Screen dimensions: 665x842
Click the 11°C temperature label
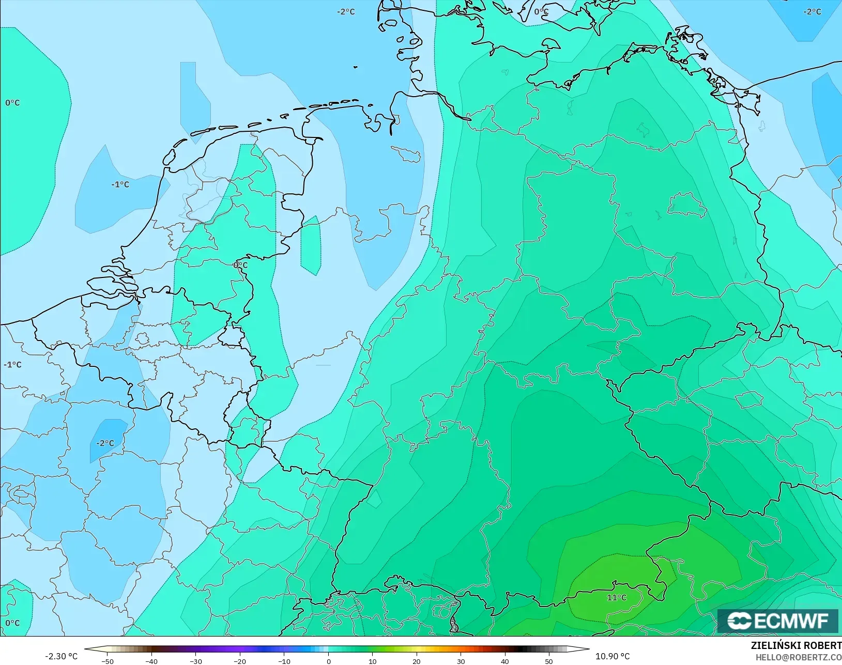coord(616,598)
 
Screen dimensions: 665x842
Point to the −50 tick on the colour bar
coord(108,661)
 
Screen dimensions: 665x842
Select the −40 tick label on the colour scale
coord(151,661)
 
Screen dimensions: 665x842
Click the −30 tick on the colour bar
coord(195,661)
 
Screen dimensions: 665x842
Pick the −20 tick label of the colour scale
coord(239,661)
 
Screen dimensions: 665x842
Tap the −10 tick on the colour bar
coord(284,661)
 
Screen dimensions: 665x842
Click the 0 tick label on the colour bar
coord(329,661)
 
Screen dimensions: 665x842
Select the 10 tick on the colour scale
coord(373,661)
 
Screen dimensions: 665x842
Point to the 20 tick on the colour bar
coord(417,661)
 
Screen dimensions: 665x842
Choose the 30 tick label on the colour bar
coord(461,661)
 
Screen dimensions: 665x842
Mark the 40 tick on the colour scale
coord(505,661)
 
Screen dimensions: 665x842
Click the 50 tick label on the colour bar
coord(549,661)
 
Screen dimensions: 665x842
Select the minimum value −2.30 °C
coord(61,656)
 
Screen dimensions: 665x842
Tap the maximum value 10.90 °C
coord(613,656)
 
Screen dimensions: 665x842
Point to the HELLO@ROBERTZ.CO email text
coord(799,657)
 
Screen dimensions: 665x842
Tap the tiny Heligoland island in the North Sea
coord(356,67)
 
